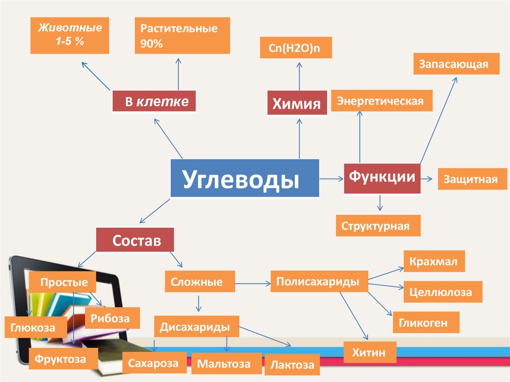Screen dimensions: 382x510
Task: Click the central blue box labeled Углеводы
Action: tap(245, 178)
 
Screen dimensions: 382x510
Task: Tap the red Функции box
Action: tap(382, 178)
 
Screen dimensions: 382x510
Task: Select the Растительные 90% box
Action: tap(182, 35)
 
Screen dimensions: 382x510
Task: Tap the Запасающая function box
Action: tap(456, 63)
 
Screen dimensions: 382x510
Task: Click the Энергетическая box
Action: tap(382, 101)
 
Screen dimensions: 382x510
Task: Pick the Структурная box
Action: tap(378, 226)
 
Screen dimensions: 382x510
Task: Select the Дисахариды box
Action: tap(196, 327)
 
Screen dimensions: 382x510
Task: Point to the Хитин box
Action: tap(370, 353)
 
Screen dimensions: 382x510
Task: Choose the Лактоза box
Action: tap(292, 365)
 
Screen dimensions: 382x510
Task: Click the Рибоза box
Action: tap(112, 318)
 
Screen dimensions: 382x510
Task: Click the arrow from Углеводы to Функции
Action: tap(331, 178)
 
